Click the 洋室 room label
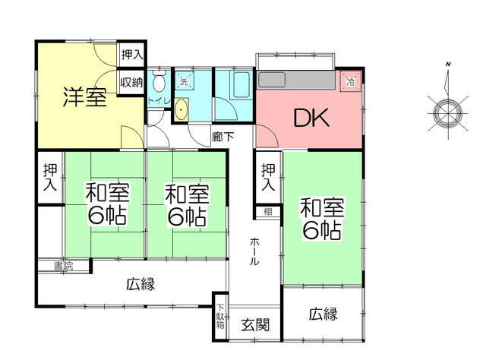pos(85,97)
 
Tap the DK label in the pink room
pos(311,117)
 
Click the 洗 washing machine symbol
pos(185,81)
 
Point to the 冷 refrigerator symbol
pos(351,81)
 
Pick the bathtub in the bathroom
pos(241,84)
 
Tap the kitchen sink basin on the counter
pos(272,80)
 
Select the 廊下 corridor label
pos(222,137)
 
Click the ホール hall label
pos(254,251)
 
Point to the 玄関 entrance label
pos(255,324)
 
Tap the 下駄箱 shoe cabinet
pos(220,317)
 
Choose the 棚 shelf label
pos(268,212)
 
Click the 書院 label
pos(63,266)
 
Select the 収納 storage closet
pos(131,82)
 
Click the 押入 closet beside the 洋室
pos(132,55)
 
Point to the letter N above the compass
pos(448,65)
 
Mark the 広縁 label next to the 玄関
pos(323,314)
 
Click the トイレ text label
pos(159,101)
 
